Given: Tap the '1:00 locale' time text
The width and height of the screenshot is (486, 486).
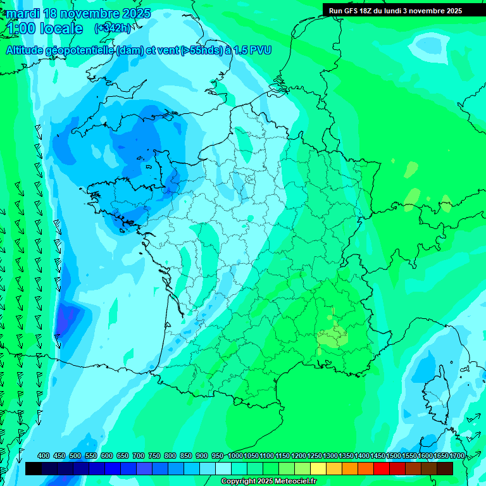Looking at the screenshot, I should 46,28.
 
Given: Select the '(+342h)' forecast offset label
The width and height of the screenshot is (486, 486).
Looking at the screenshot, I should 112,28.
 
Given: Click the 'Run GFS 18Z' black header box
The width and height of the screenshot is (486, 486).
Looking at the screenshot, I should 396,11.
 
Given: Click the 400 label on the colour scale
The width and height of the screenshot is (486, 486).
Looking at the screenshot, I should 44,456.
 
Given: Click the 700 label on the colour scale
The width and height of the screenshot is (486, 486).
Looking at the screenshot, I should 139,456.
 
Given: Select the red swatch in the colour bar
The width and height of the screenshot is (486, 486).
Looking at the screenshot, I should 382,468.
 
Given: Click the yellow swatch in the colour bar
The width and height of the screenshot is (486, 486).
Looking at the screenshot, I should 318,468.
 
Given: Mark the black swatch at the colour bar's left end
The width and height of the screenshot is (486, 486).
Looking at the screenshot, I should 34,468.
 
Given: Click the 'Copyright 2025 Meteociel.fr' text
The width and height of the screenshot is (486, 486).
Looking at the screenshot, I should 268,482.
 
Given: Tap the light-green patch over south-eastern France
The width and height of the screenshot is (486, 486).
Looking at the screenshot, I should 332,336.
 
